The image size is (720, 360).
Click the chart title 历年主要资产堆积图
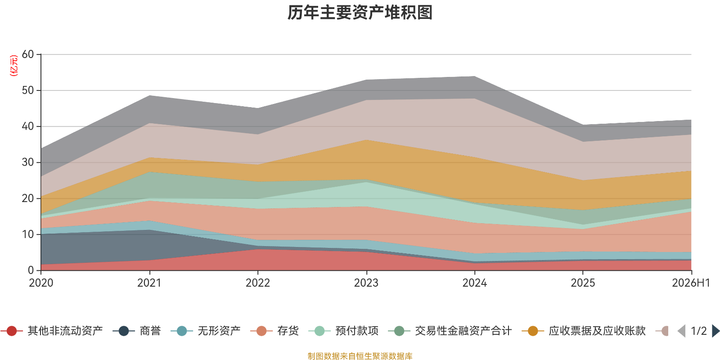click(360, 13)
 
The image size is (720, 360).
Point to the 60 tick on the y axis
click(27, 54)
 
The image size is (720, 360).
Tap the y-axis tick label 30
click(27, 162)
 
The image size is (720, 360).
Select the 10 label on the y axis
click(27, 234)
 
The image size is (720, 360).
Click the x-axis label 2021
click(149, 283)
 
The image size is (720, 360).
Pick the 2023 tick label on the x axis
click(366, 283)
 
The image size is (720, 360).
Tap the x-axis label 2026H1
click(691, 283)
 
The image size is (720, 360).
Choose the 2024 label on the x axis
click(474, 283)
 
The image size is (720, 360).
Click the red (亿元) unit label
click(14, 66)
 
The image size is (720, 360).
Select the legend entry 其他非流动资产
click(51, 331)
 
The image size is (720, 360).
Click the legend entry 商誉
click(137, 331)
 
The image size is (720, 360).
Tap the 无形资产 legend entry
click(205, 331)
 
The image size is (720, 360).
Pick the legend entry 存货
click(274, 331)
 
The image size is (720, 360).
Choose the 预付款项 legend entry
click(343, 331)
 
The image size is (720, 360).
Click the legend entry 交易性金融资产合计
click(450, 331)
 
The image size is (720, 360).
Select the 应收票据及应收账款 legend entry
click(583, 331)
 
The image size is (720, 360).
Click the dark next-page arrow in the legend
click(715, 331)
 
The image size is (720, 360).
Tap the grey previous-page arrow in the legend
click(681, 331)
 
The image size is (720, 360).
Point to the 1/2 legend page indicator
click(699, 331)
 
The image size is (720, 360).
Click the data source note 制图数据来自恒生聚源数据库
click(360, 356)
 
